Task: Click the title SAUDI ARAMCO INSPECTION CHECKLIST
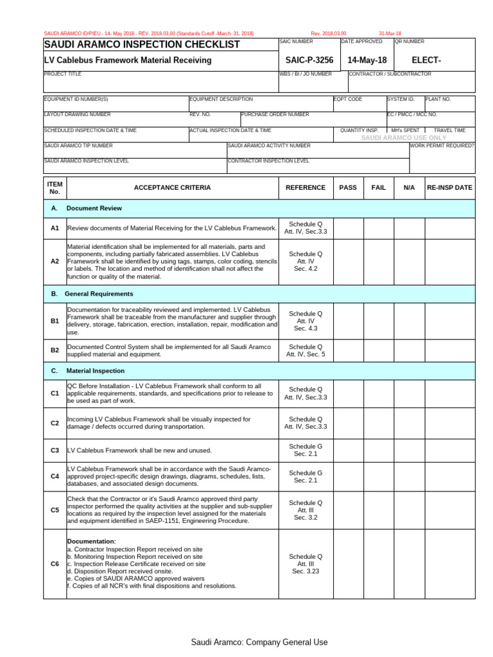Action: coord(141,44)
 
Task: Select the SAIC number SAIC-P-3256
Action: coord(309,60)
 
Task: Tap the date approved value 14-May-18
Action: coord(367,60)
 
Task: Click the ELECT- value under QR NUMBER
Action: coord(426,60)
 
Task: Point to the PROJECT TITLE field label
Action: coord(62,74)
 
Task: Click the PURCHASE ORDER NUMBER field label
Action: coord(275,115)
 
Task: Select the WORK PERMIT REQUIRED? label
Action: coord(442,146)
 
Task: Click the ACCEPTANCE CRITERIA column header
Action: coord(172,188)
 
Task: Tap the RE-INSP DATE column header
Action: coord(449,188)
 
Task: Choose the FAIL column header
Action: coord(379,188)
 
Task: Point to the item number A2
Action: coord(55,262)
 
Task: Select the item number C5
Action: coord(55,510)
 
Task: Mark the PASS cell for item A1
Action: coord(348,228)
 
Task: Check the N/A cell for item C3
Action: coord(410,450)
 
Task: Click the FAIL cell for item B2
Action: coord(379,350)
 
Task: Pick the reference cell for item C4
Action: coord(306,477)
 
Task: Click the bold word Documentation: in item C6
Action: coord(92,542)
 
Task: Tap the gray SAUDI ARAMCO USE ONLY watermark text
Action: coord(404,138)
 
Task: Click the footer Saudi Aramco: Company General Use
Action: coord(259,642)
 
